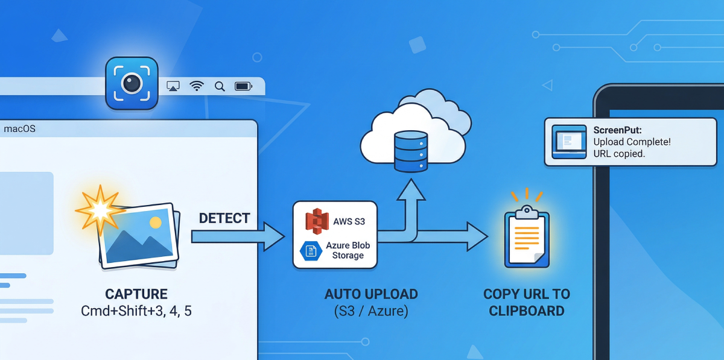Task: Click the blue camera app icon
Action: pos(132,83)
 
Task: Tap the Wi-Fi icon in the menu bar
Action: pos(197,86)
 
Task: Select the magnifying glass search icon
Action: pos(220,86)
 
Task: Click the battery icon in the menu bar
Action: pos(243,86)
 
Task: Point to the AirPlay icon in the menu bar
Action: pos(173,86)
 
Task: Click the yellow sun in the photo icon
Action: pos(155,223)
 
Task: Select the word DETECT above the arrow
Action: pos(224,218)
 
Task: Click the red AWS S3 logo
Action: pos(317,221)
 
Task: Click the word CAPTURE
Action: pos(136,294)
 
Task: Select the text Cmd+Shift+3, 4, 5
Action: pos(136,312)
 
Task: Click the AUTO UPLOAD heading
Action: pos(371,294)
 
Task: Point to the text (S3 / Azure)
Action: pos(371,312)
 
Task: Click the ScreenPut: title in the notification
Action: pos(617,130)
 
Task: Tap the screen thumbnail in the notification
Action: pos(569,142)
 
